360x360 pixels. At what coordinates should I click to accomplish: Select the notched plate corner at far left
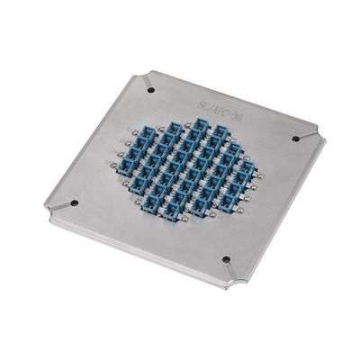47,209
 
